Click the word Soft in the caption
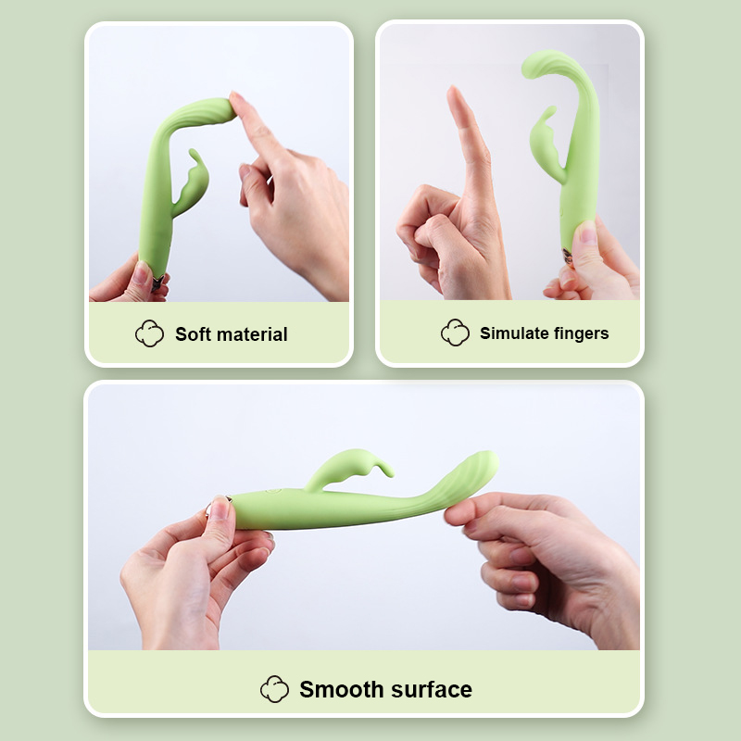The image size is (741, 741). tap(193, 334)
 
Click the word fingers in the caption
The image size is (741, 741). tap(580, 333)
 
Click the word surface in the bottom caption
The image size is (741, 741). tap(430, 689)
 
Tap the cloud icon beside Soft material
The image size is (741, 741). tap(149, 334)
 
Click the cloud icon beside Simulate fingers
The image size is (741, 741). tap(455, 333)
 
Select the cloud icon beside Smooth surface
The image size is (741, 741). tap(275, 689)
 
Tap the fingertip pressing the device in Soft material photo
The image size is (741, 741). tap(236, 103)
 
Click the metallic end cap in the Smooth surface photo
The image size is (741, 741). tap(216, 509)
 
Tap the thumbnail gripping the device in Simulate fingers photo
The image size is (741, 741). tap(585, 234)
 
